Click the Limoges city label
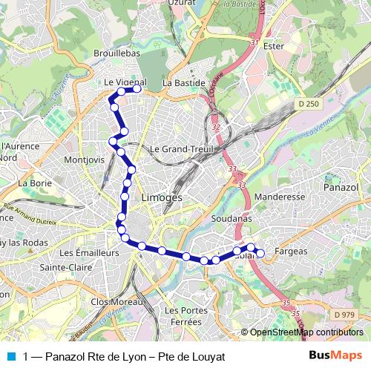pos(161,198)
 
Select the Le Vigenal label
pos(125,82)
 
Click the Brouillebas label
pos(117,54)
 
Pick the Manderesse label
pos(279,198)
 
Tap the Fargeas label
pos(291,252)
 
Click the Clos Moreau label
pos(114,302)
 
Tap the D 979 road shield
pos(342,315)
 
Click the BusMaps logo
pos(335,355)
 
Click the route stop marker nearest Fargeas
pos(260,254)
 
